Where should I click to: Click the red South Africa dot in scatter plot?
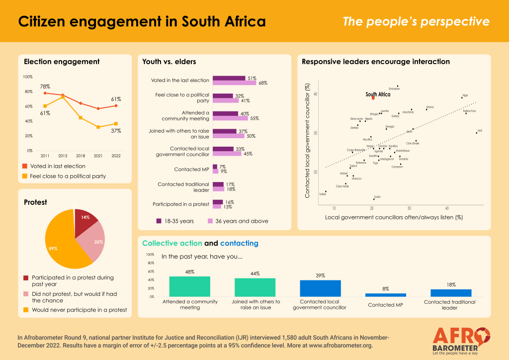coord(373,98)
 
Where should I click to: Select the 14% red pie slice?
coord(85,222)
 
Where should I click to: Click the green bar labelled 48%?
coord(189,287)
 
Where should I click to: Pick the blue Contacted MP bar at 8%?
coord(385,295)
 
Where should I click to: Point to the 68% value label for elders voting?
coord(263,83)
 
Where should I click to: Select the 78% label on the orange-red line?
coord(45,87)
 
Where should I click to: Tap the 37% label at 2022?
coord(116,131)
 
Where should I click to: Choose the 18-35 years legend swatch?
coord(159,221)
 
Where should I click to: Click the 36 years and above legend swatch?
coord(210,221)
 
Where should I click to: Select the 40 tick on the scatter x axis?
coord(447,208)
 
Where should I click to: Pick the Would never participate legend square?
coord(26,310)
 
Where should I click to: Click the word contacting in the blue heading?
coord(239,243)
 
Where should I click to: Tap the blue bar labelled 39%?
coord(320,288)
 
